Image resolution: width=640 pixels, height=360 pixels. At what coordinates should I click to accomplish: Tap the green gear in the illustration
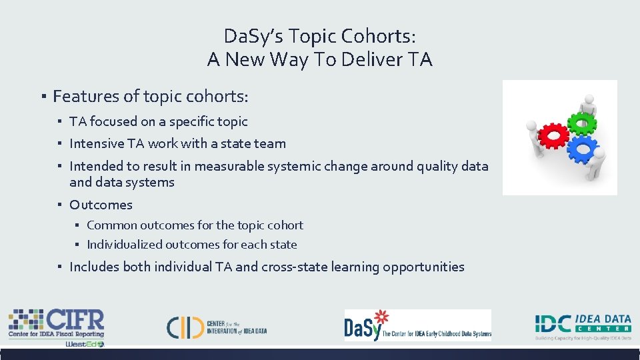[x=584, y=123]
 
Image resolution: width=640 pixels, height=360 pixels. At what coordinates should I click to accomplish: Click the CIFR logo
[x=56, y=324]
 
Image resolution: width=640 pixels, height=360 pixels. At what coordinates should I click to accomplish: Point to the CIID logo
[x=217, y=325]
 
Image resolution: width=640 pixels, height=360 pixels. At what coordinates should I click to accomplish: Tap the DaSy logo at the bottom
[x=417, y=325]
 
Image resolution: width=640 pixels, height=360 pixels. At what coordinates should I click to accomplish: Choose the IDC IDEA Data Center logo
[x=583, y=325]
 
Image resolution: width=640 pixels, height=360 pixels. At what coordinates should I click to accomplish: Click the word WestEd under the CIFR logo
[x=84, y=344]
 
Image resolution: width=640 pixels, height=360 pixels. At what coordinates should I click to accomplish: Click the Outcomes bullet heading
[x=101, y=205]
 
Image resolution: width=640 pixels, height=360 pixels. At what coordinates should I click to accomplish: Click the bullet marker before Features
[x=41, y=97]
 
